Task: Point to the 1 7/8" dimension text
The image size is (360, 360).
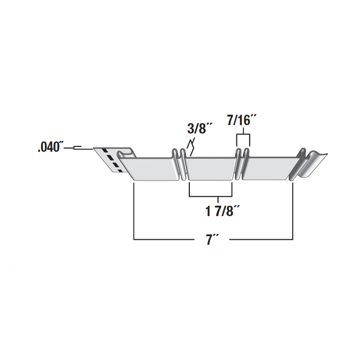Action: tap(223, 211)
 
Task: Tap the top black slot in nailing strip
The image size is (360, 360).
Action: tap(105, 151)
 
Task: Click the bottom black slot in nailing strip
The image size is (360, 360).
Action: tap(120, 171)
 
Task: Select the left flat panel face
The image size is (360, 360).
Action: tap(149, 169)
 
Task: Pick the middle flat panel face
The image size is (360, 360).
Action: tap(210, 169)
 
